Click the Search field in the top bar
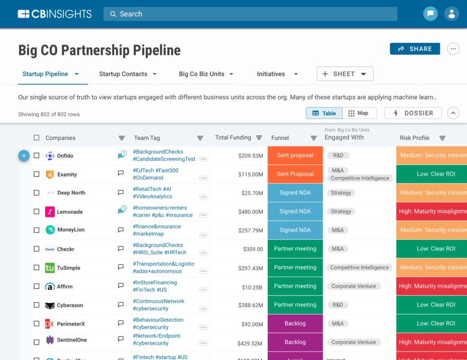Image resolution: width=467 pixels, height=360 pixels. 249,14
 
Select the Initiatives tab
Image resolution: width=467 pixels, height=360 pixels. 271,74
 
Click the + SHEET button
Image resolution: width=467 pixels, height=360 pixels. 345,74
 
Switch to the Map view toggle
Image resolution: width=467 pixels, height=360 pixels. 359,113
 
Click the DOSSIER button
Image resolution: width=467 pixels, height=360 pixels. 413,113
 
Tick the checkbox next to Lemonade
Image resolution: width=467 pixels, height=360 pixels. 37,212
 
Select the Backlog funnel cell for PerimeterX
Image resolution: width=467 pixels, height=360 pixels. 295,323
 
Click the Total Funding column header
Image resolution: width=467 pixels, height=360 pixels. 233,137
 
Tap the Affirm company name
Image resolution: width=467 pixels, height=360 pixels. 65,287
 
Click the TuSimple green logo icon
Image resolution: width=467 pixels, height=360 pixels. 50,268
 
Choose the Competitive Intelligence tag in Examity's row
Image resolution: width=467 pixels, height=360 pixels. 360,178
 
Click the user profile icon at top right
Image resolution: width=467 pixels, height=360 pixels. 452,14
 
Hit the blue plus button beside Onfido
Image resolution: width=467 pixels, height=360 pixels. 24,155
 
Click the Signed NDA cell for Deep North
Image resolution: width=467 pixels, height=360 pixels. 295,193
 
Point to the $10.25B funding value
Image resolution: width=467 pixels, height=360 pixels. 252,287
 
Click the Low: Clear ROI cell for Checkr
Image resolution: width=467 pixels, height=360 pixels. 435,249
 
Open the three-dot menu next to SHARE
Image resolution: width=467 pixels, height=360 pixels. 453,49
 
